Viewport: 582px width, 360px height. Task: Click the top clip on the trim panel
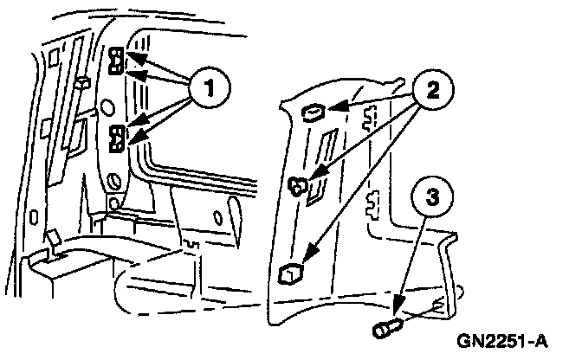[x=314, y=111]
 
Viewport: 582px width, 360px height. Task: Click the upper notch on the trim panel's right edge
[x=372, y=114]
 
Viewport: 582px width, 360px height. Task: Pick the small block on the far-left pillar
[x=83, y=82]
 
